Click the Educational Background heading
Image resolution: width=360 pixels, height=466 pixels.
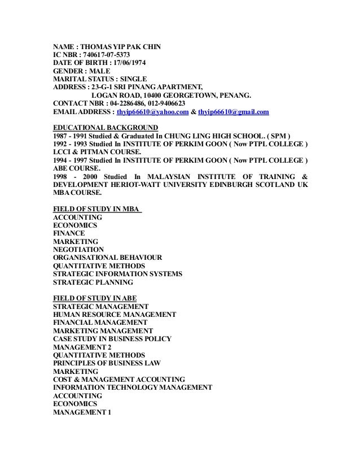coord(106,127)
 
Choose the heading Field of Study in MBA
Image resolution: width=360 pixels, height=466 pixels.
coord(97,209)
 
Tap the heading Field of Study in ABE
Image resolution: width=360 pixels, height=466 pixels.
coord(94,298)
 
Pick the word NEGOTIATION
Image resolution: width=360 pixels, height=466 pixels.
coord(78,250)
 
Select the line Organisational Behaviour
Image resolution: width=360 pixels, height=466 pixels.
coord(108,258)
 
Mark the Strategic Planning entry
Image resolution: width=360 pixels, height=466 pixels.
coord(93,282)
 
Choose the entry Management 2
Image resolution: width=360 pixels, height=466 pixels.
coord(82,347)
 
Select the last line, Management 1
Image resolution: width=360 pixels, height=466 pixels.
coord(82,412)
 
